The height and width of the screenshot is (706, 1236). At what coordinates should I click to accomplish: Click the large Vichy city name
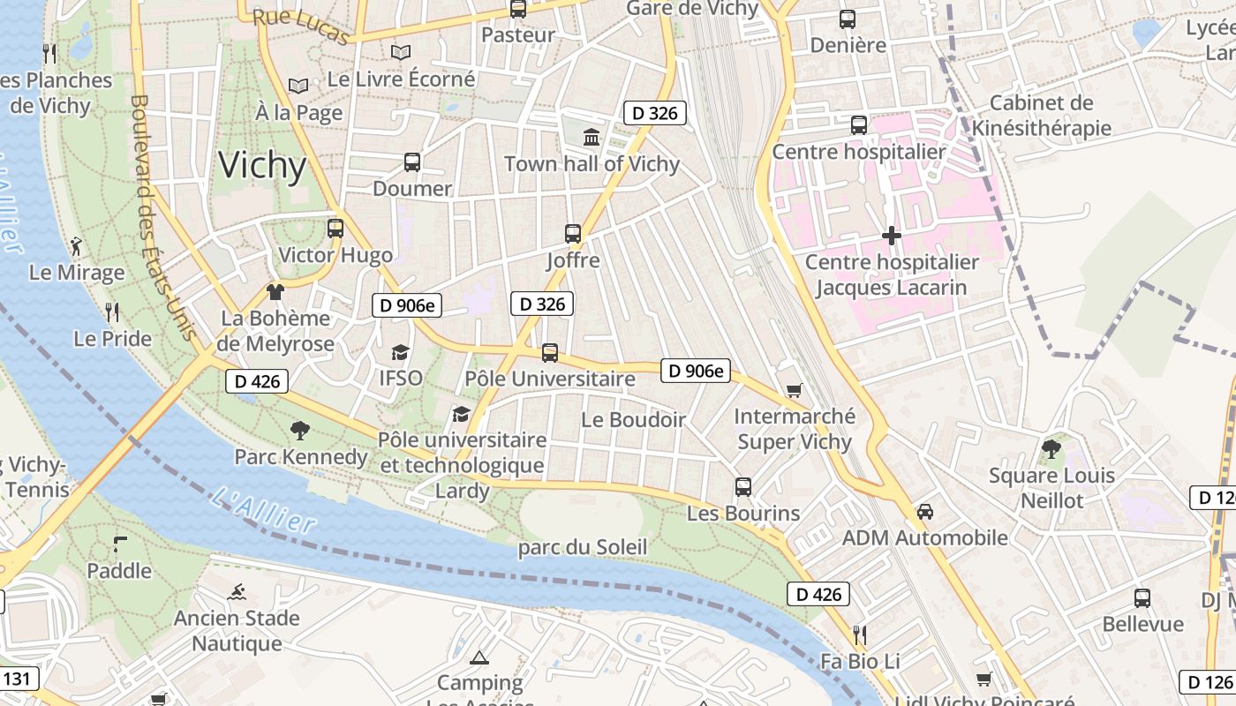click(x=262, y=166)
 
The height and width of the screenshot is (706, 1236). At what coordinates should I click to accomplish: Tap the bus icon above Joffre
click(x=573, y=234)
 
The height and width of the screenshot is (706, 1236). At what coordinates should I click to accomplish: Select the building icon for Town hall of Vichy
click(x=592, y=138)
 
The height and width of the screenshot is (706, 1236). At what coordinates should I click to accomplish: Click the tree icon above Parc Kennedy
click(x=300, y=431)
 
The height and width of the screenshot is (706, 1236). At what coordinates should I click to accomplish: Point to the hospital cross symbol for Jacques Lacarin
click(x=892, y=236)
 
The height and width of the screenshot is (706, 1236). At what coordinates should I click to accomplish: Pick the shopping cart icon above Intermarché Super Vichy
click(x=794, y=390)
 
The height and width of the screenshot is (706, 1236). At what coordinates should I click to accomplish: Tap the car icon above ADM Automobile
click(x=925, y=512)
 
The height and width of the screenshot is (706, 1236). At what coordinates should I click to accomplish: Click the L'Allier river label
click(x=264, y=510)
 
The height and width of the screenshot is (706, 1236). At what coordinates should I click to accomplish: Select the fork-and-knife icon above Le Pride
click(x=112, y=312)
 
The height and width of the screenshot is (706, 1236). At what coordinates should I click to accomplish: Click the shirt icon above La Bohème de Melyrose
click(x=275, y=292)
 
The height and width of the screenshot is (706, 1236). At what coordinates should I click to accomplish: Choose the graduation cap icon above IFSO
click(x=400, y=352)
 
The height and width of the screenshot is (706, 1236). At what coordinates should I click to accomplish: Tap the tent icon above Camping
click(x=479, y=657)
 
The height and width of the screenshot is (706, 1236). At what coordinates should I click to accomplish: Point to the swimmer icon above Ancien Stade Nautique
click(x=236, y=592)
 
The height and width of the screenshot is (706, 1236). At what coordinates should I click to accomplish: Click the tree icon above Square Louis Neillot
click(x=1051, y=449)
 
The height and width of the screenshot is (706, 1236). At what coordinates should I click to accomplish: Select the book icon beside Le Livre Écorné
click(x=401, y=53)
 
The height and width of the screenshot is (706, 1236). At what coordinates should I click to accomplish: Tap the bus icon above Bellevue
click(x=1142, y=598)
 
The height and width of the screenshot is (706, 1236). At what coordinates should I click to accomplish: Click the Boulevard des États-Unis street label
click(x=162, y=216)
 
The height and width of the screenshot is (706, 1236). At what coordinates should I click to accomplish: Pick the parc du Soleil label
click(x=583, y=547)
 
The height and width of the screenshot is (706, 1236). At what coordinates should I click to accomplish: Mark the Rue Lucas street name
click(x=301, y=26)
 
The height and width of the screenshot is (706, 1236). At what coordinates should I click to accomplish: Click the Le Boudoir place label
click(x=633, y=420)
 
